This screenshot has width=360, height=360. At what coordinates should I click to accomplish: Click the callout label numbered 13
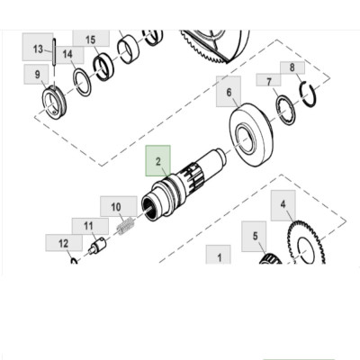pyautogui.click(x=38, y=48)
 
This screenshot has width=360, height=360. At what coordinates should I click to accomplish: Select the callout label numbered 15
pyautogui.click(x=90, y=40)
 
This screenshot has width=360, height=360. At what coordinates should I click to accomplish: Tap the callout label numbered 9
pyautogui.click(x=37, y=75)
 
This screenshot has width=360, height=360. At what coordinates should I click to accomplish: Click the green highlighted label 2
pyautogui.click(x=157, y=162)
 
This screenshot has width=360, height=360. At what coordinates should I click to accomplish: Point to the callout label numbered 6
pyautogui.click(x=229, y=92)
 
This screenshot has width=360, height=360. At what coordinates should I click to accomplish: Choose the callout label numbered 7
pyautogui.click(x=268, y=81)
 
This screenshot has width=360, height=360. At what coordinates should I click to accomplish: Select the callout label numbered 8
pyautogui.click(x=292, y=67)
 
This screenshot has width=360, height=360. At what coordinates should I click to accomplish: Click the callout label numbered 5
pyautogui.click(x=255, y=236)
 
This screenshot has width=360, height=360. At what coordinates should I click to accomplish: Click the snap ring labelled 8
pyautogui.click(x=307, y=91)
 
